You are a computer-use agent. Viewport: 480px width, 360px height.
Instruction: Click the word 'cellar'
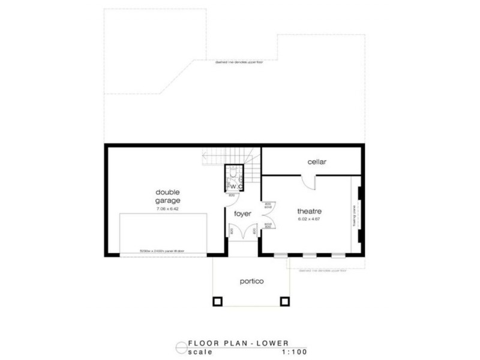click(x=316, y=162)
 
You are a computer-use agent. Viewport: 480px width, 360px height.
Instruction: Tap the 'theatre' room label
click(x=310, y=211)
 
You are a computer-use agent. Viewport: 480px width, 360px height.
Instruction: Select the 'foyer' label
click(x=242, y=214)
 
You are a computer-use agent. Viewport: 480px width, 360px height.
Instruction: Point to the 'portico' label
click(x=251, y=281)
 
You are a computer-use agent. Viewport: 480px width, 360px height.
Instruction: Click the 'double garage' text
click(x=168, y=197)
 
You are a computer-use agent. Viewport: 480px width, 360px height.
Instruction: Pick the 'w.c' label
click(x=235, y=186)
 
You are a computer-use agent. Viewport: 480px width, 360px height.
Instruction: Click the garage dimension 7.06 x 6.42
click(x=168, y=209)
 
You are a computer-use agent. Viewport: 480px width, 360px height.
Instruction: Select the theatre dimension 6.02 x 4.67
click(x=310, y=220)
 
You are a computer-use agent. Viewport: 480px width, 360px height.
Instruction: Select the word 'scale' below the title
click(x=200, y=352)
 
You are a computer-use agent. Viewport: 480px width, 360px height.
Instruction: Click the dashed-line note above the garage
click(x=238, y=62)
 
